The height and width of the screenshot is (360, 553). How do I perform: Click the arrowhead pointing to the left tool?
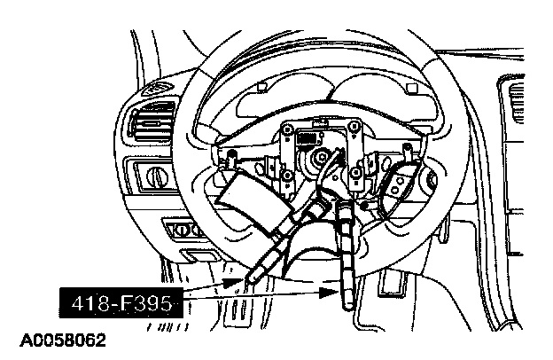(242, 283)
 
